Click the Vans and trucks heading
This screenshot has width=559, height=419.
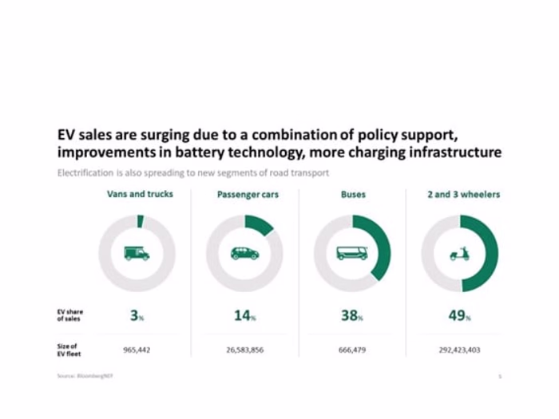click(140, 194)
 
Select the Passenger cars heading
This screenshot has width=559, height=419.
click(248, 195)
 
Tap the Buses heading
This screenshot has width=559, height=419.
click(353, 194)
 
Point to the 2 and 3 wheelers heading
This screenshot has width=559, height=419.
click(463, 194)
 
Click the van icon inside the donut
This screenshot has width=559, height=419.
click(137, 253)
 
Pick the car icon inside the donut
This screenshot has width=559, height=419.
click(244, 253)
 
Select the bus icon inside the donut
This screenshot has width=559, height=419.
click(352, 253)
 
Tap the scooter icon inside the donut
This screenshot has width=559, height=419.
click(459, 254)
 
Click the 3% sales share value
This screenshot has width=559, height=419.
click(137, 315)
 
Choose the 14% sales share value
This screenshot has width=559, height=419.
click(244, 315)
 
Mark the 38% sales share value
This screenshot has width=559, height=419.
click(352, 315)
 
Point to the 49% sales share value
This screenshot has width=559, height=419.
click(459, 315)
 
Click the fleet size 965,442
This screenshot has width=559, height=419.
click(137, 350)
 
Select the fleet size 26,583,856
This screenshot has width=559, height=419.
click(244, 350)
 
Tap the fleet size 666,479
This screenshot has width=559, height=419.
click(352, 350)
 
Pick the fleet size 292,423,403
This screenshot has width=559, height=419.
click(459, 350)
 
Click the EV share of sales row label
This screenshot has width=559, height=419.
click(69, 314)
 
